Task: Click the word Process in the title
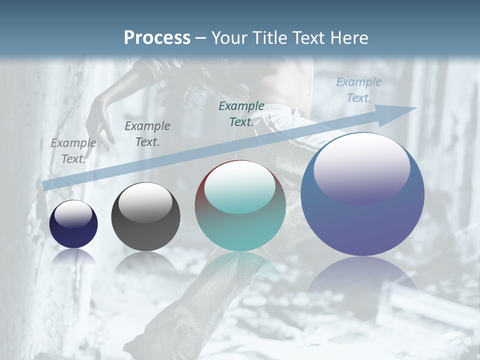[157, 37]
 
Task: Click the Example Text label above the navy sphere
[73, 151]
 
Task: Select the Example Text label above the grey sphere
[147, 134]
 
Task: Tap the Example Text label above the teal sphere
[241, 114]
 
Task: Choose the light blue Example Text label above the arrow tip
[358, 90]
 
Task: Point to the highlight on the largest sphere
[362, 168]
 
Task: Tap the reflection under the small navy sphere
[73, 256]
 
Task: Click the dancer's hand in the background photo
[99, 120]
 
